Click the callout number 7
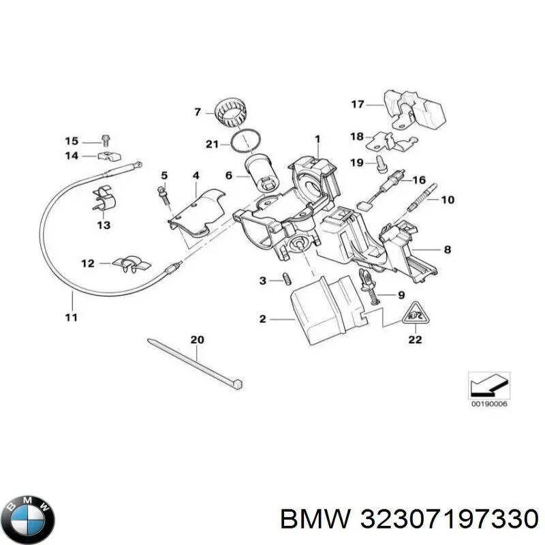tap(198, 112)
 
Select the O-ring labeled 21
tap(245, 144)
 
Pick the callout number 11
tap(71, 317)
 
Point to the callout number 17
tap(358, 105)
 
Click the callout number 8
tap(447, 249)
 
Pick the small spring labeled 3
tap(287, 279)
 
